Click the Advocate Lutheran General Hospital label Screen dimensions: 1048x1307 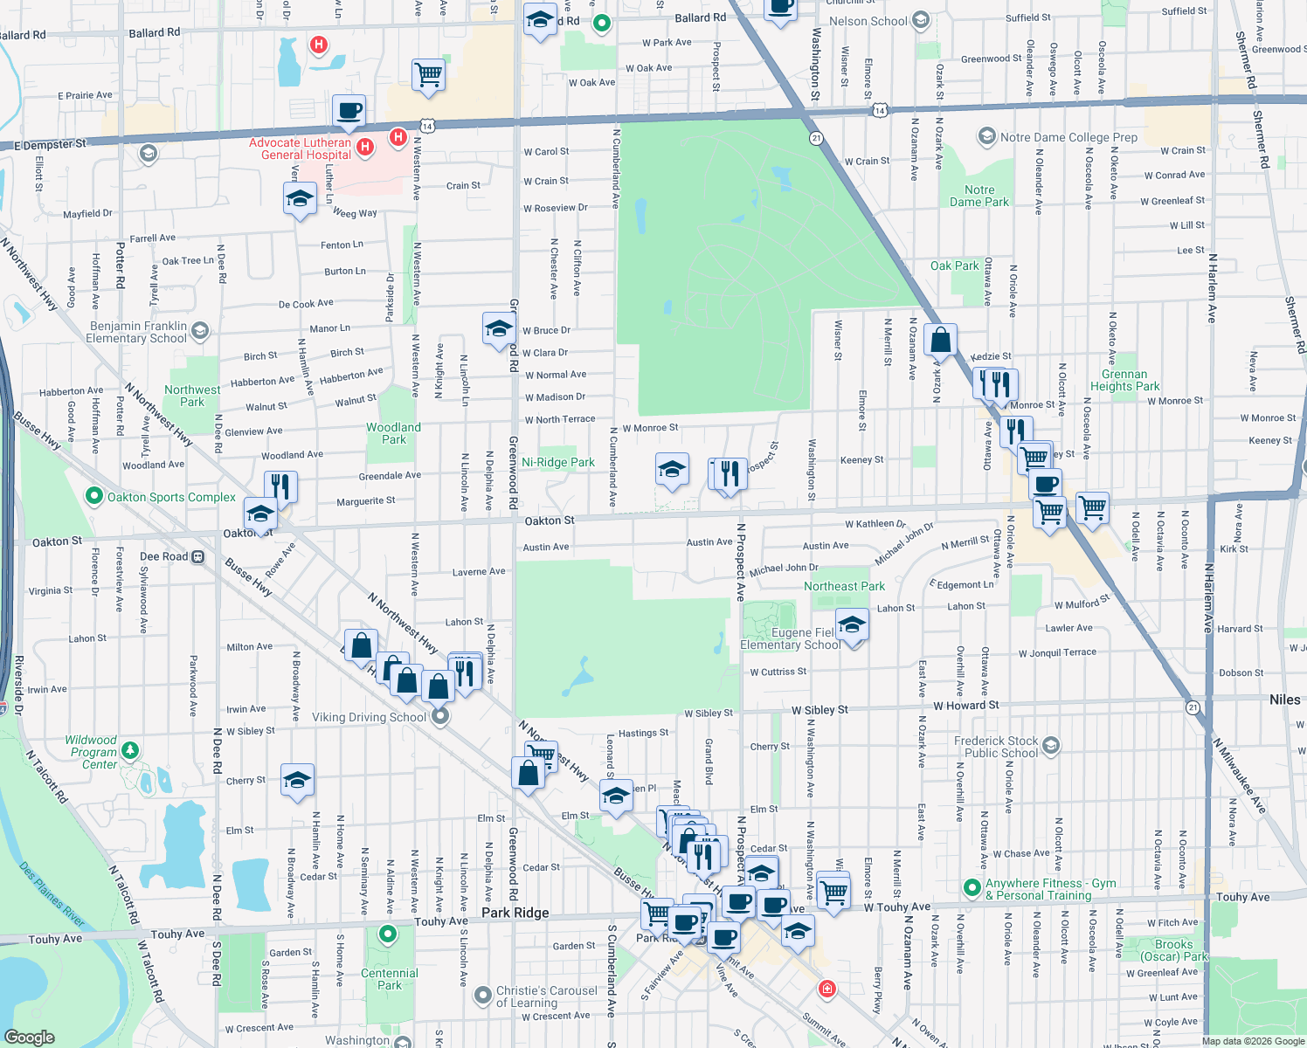[x=300, y=149]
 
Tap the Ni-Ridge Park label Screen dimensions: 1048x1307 [x=557, y=463]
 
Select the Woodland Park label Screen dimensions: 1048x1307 [x=393, y=433]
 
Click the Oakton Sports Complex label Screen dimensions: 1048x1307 [x=171, y=497]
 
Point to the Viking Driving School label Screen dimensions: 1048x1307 [x=369, y=717]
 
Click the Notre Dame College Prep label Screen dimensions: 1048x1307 [x=1068, y=137]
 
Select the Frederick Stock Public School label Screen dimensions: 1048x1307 [x=996, y=747]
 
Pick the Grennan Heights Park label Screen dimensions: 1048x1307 [x=1124, y=380]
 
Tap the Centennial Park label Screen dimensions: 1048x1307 [x=390, y=979]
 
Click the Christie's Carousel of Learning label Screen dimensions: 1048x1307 [x=547, y=996]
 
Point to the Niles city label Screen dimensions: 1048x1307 [x=1284, y=700]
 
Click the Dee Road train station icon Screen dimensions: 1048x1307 [x=198, y=556]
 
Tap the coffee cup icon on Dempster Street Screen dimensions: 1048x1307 [x=349, y=111]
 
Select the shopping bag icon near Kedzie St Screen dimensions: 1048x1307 [x=940, y=340]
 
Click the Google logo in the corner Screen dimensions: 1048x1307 [x=30, y=1037]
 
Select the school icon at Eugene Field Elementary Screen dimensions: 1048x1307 [x=852, y=624]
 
